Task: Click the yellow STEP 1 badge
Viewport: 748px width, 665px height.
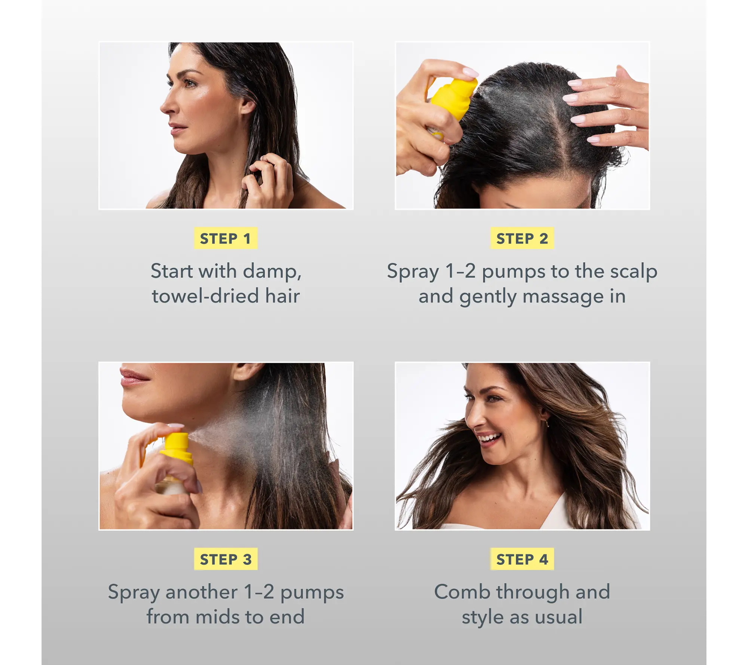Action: [x=226, y=238]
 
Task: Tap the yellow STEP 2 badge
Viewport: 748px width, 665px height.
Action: [x=522, y=238]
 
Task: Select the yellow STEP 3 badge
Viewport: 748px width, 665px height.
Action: [x=226, y=559]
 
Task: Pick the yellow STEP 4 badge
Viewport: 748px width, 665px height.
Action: [x=522, y=559]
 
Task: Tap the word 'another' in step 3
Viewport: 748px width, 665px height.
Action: [x=201, y=592]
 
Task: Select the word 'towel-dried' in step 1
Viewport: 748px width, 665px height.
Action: [x=205, y=296]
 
